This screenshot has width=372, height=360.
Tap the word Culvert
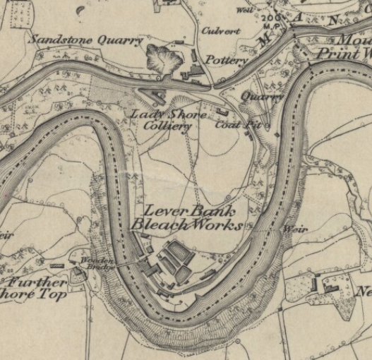(221, 31)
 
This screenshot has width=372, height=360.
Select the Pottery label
(227, 61)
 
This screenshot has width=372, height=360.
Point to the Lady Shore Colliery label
(168, 120)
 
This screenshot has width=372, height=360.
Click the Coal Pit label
(234, 126)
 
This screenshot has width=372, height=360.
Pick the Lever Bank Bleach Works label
(186, 217)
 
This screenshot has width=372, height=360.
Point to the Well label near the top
(246, 11)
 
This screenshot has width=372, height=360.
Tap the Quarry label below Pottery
(261, 96)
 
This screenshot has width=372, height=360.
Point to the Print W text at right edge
(344, 54)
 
